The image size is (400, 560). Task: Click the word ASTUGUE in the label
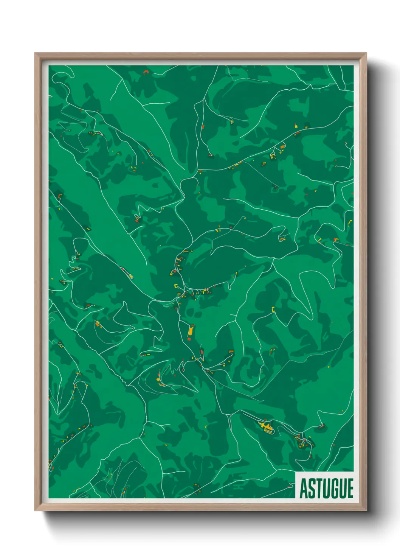(326, 488)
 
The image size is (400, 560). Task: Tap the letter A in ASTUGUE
(304, 488)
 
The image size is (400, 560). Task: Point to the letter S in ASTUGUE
(312, 488)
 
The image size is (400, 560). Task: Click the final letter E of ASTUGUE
(350, 488)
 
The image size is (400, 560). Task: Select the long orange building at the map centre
(191, 331)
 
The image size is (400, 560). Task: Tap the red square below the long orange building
(189, 339)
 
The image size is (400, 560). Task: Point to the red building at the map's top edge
(145, 72)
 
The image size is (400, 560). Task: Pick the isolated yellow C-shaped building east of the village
(273, 310)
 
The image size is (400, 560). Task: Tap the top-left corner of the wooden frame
(36, 54)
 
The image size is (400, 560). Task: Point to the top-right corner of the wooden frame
(366, 54)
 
